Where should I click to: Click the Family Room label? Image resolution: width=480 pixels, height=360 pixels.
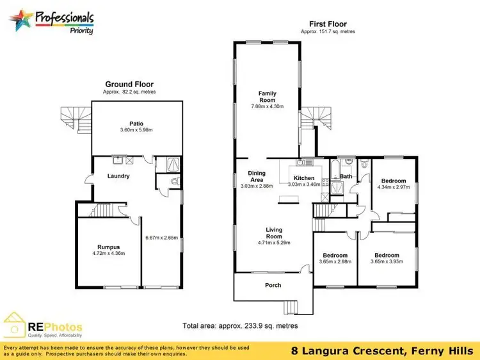(x=268, y=97)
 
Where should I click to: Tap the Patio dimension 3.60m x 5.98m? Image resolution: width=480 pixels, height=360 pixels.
(x=136, y=131)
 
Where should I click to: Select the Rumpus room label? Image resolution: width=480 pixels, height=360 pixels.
(x=109, y=247)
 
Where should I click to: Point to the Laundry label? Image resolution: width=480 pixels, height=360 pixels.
(x=118, y=176)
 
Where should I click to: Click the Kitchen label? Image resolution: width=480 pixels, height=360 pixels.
(x=304, y=177)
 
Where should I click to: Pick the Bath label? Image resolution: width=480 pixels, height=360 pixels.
(x=346, y=176)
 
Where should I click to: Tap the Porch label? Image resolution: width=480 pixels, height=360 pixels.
(x=273, y=285)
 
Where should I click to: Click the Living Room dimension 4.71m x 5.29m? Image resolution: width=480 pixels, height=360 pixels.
(x=274, y=243)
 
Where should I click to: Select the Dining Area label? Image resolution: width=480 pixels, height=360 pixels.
(x=257, y=177)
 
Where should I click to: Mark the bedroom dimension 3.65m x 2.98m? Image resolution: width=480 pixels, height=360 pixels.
(x=335, y=261)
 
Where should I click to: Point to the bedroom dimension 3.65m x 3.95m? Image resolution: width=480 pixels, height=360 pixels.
(x=387, y=261)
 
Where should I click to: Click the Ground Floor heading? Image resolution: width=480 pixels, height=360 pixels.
(x=129, y=84)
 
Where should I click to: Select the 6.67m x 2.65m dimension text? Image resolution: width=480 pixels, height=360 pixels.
(x=162, y=238)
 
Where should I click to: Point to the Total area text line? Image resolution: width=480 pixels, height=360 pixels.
(x=241, y=325)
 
